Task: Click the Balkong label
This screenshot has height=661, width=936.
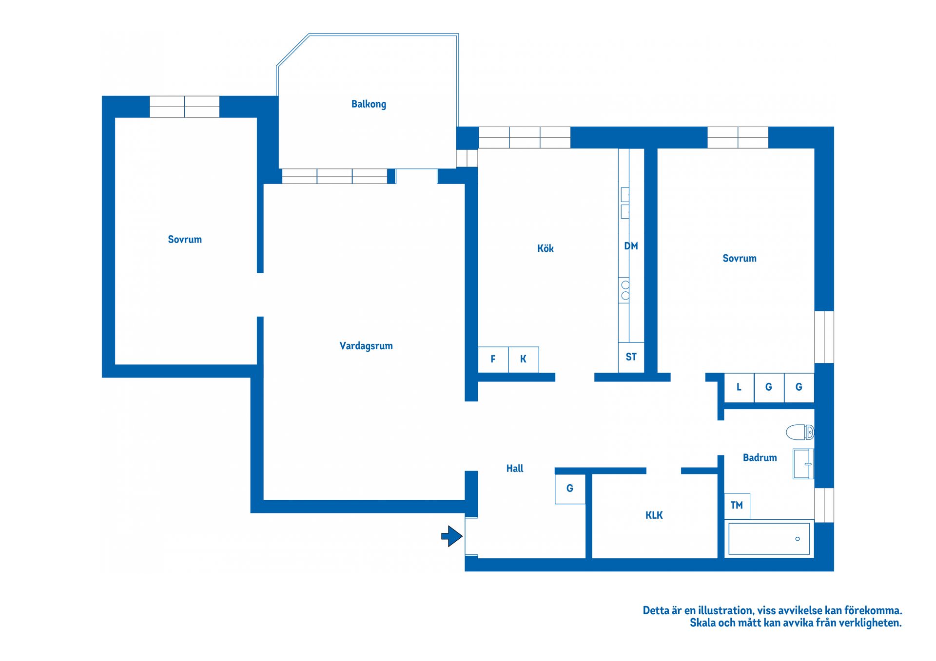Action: (x=369, y=104)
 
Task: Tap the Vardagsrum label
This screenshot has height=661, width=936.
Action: (x=366, y=346)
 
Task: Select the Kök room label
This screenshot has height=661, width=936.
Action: (x=546, y=248)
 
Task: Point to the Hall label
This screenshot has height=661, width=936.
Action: (x=515, y=469)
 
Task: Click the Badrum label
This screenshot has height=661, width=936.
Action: (x=760, y=457)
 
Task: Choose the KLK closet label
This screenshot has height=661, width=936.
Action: (x=654, y=515)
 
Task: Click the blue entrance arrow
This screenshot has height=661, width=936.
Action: (x=452, y=536)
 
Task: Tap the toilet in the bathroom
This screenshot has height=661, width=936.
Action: (x=800, y=432)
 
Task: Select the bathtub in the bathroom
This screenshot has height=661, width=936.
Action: (x=769, y=538)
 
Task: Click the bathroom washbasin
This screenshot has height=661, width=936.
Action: (x=803, y=464)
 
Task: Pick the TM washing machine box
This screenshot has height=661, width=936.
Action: (x=737, y=506)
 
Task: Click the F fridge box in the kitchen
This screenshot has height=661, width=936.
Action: (x=493, y=359)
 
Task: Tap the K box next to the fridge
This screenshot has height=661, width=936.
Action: (x=524, y=359)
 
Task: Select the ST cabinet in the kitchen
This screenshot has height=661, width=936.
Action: (x=631, y=358)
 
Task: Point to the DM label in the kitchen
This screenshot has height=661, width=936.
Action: (x=631, y=246)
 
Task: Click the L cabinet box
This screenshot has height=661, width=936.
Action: (x=739, y=388)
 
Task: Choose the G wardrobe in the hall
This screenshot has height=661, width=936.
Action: (x=570, y=489)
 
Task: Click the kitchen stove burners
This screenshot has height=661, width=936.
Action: (x=625, y=290)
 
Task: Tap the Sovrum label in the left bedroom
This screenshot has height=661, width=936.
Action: (x=185, y=239)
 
